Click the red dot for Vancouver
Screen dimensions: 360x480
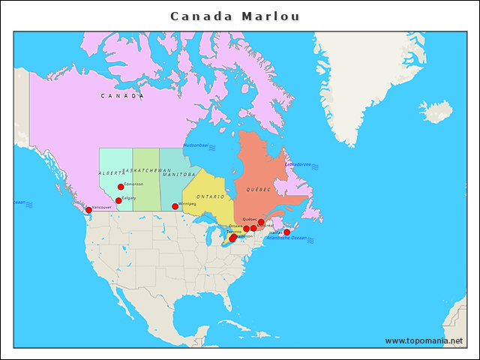88,210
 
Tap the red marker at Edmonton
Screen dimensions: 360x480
121,187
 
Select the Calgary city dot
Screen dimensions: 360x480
118,200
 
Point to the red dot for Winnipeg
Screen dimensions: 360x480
175,206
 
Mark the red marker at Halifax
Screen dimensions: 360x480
286,232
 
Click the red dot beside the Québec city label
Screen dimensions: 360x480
261,223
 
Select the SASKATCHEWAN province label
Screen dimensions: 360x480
146,170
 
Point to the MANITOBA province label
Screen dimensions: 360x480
178,175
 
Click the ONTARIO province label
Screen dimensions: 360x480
211,196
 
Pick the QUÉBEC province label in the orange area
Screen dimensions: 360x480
257,190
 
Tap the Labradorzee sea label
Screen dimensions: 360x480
297,163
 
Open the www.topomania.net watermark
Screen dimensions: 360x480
424,340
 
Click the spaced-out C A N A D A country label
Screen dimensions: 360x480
121,96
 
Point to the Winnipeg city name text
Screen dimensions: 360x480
187,203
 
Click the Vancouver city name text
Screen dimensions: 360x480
101,207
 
